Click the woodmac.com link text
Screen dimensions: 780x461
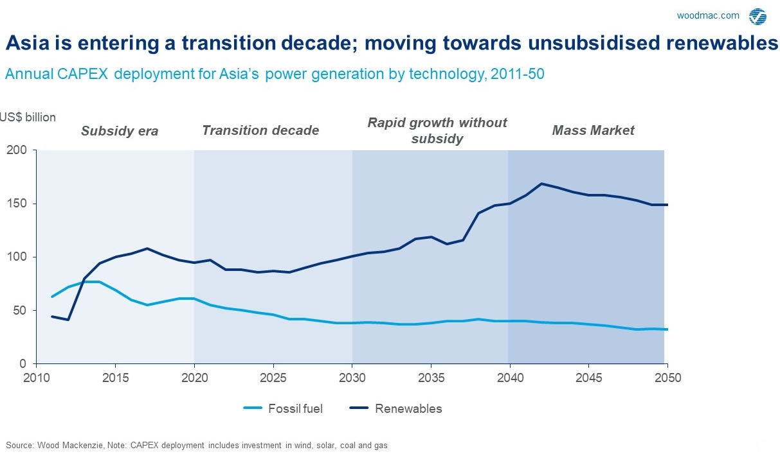(708, 15)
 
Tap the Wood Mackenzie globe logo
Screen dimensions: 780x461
(757, 16)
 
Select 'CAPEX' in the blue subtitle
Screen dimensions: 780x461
(82, 74)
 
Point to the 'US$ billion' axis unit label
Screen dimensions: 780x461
(28, 117)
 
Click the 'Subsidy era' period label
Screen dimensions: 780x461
(120, 131)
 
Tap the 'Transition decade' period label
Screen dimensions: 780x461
(260, 130)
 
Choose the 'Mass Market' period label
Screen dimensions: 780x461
(593, 130)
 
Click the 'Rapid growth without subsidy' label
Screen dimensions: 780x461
(437, 131)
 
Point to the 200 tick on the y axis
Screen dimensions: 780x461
(16, 150)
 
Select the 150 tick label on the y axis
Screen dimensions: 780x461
(16, 204)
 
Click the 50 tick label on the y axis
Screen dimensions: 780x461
(19, 311)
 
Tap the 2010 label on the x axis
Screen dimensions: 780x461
(37, 378)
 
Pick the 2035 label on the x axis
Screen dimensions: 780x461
(431, 378)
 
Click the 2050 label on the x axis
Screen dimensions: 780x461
(667, 378)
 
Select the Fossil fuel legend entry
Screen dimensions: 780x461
(283, 408)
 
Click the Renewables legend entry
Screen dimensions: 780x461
(395, 408)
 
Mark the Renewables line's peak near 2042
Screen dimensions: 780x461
(541, 184)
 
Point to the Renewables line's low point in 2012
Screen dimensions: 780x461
(68, 320)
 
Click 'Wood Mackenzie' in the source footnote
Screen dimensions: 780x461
(70, 446)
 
